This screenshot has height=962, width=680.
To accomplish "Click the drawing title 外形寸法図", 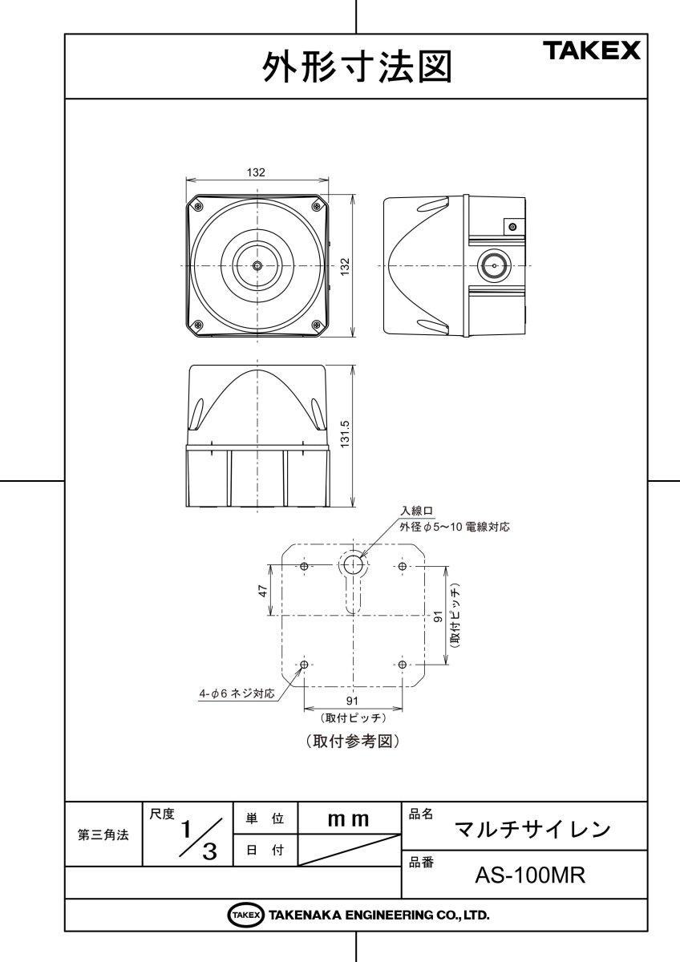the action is (357, 67).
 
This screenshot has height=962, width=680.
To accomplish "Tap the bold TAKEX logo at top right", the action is (594, 51).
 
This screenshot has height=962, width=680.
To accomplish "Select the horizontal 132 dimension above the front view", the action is (256, 172).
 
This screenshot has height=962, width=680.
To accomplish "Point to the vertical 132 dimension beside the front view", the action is (345, 267).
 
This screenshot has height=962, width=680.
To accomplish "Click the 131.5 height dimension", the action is (345, 435).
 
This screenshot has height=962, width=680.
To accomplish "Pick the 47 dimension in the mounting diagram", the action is (263, 591).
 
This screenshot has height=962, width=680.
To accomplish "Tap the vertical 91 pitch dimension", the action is (439, 616).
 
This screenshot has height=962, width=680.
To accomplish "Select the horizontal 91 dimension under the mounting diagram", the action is (352, 701).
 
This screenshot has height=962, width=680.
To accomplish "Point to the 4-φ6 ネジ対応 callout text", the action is (237, 693).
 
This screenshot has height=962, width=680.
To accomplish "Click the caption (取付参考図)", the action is (353, 741).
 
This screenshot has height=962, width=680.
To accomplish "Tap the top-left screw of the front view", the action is (197, 207).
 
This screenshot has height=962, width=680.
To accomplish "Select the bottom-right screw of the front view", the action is (317, 325).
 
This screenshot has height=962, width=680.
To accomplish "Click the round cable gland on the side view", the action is (495, 266).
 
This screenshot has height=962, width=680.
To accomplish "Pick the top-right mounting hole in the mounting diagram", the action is (402, 566).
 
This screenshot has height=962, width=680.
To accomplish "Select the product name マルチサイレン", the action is (532, 830).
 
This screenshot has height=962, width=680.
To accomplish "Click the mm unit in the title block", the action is (348, 820).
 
